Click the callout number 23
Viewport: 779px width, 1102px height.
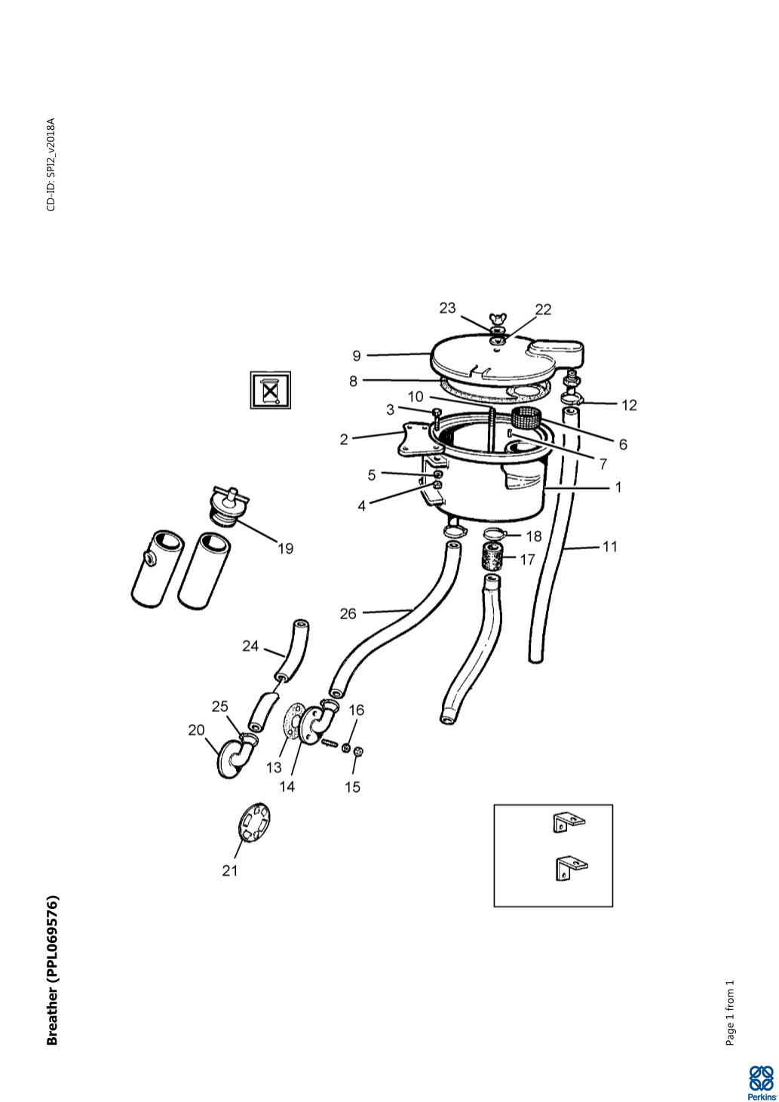[447, 308]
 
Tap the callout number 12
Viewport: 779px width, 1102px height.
[629, 405]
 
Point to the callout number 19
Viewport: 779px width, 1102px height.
[286, 548]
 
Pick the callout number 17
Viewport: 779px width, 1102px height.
[527, 560]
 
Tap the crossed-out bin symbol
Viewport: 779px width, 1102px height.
[270, 390]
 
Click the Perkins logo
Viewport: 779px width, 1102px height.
[760, 1082]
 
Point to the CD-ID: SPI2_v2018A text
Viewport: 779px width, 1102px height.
[51, 164]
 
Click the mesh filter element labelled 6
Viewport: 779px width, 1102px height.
[526, 419]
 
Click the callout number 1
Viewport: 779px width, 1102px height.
[618, 487]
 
